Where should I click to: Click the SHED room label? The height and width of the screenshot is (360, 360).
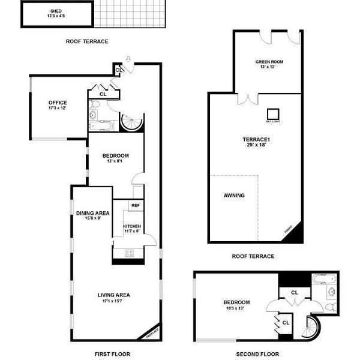click(x=56, y=11)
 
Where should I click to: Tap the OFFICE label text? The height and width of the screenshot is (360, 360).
click(x=58, y=103)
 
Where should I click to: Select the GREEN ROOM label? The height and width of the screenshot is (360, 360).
click(x=269, y=62)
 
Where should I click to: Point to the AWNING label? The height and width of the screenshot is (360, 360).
click(x=234, y=195)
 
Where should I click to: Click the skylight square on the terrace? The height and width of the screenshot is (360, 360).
click(x=274, y=114)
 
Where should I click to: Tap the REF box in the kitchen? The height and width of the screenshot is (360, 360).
click(x=136, y=205)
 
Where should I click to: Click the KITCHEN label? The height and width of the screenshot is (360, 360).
click(x=133, y=226)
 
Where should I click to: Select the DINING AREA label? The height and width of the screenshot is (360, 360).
click(x=92, y=212)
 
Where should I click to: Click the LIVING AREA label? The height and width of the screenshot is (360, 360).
click(x=114, y=295)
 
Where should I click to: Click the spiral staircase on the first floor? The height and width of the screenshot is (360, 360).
click(x=131, y=122)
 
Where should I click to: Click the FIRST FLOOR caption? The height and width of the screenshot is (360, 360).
click(x=112, y=354)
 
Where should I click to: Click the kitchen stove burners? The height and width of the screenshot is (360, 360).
click(x=129, y=253)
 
